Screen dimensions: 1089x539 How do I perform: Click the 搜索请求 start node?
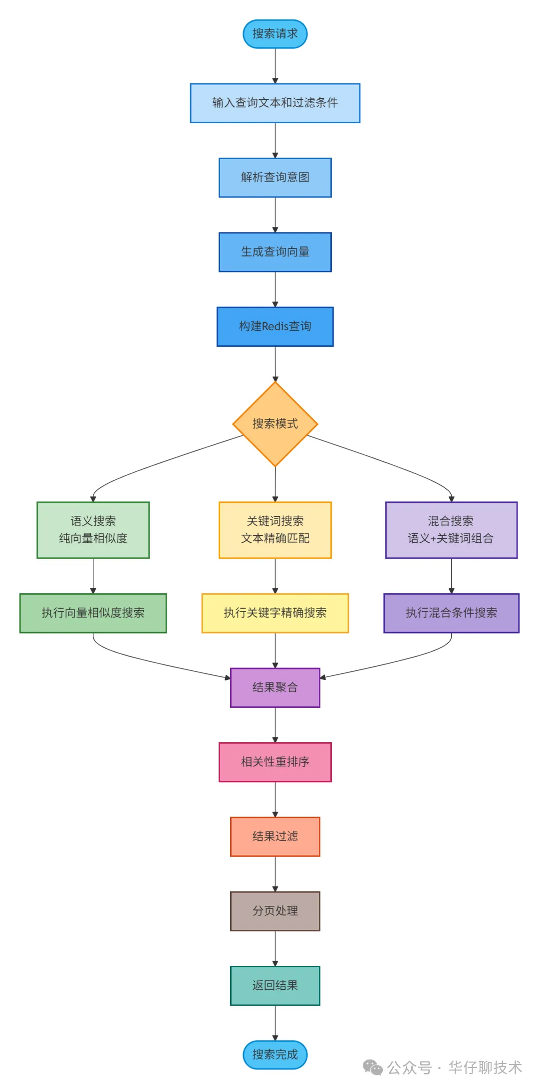pos(275,34)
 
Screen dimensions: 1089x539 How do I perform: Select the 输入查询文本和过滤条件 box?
pos(275,103)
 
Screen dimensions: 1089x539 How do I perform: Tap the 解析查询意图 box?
pos(275,178)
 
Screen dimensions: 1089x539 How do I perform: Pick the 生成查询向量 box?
pos(275,252)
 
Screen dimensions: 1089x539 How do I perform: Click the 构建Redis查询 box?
pos(275,327)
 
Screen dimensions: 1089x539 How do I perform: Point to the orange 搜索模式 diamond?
pos(275,424)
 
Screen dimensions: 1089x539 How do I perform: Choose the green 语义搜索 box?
pos(93,530)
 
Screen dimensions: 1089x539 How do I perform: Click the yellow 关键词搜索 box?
pos(275,530)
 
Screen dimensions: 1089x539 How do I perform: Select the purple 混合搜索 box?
pos(451,530)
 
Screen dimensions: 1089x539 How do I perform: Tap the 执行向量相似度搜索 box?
pos(93,613)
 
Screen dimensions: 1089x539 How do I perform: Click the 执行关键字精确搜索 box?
pos(275,613)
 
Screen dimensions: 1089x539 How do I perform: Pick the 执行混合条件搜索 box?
pos(451,613)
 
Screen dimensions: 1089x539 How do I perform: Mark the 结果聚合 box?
pos(275,687)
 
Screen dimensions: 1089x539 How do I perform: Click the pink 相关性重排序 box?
pos(275,762)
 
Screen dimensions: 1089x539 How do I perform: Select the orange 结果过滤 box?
pos(275,837)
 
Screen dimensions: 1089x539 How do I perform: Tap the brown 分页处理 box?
pos(275,911)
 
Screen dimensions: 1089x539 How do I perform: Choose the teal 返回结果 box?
pos(275,985)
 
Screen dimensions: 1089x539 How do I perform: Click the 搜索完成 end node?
pos(275,1055)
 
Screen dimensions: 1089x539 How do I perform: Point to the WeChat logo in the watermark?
pos(372,1068)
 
